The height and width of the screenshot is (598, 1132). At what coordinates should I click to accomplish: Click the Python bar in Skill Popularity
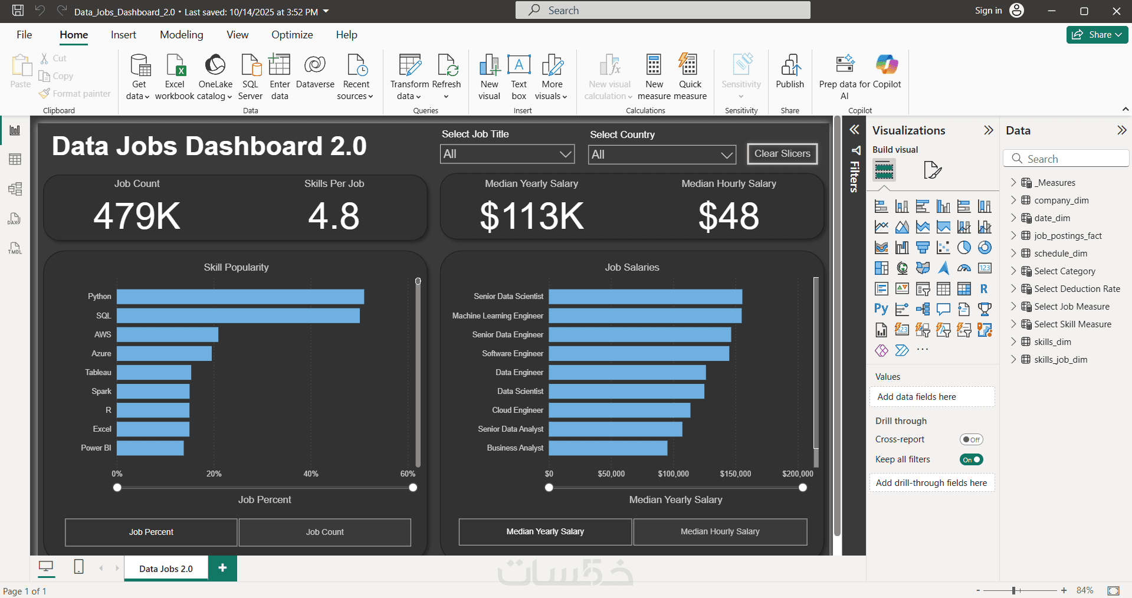[x=240, y=297]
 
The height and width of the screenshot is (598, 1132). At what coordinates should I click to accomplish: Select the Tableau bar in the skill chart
[x=153, y=373]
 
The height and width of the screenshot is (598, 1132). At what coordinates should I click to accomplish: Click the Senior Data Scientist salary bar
[x=645, y=297]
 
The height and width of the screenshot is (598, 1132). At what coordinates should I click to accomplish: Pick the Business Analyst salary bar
[x=608, y=448]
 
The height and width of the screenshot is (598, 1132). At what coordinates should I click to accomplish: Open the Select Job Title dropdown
[x=507, y=155]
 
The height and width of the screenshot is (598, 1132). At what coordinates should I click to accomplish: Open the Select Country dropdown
[x=662, y=155]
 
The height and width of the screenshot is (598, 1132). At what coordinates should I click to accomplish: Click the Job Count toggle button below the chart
[x=324, y=532]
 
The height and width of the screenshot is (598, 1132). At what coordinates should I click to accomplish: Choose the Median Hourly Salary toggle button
[x=720, y=531]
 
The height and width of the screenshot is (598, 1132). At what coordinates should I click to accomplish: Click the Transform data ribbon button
[x=409, y=77]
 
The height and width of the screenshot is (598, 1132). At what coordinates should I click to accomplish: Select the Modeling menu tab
[x=181, y=35]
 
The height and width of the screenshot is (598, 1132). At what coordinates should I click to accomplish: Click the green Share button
[x=1097, y=35]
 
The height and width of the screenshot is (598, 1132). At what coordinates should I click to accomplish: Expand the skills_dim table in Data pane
[x=1013, y=342]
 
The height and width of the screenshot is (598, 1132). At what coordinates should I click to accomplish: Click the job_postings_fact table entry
[x=1068, y=236]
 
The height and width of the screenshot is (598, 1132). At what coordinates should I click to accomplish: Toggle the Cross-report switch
[x=971, y=439]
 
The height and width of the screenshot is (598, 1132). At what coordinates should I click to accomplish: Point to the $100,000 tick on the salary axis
[x=673, y=474]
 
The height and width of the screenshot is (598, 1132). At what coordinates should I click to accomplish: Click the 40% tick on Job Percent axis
[x=311, y=474]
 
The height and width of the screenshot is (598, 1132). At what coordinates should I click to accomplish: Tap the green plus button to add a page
[x=222, y=568]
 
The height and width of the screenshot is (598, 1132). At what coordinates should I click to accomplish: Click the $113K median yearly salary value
[x=531, y=216]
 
